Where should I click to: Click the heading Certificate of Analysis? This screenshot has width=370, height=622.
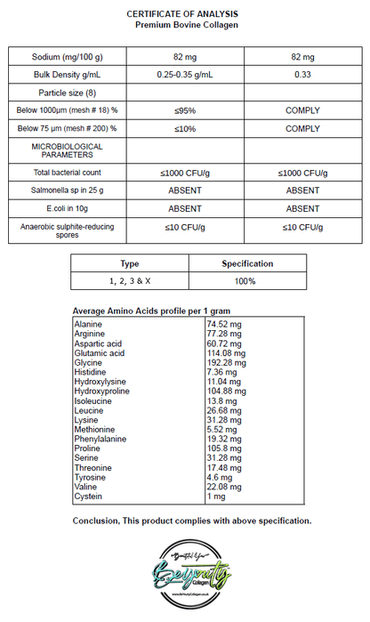186,14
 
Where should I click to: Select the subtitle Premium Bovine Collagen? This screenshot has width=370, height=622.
186,26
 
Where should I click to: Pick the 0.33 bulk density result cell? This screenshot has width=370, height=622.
302,74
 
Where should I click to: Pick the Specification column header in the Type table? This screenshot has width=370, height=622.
246,263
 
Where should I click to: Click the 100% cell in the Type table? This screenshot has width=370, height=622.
246,281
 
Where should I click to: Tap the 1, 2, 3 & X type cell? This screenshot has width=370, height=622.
130,281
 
